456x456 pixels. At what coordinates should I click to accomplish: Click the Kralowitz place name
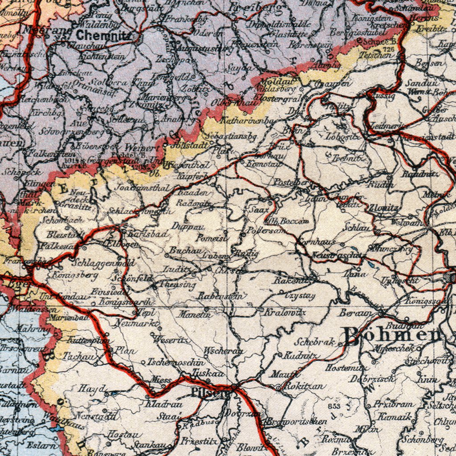(x=285, y=313)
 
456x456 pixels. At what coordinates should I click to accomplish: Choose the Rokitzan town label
(x=305, y=386)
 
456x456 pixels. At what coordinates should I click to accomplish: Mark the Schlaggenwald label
(x=103, y=263)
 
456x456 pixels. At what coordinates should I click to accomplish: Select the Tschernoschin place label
(x=176, y=362)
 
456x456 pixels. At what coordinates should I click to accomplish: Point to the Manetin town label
(x=194, y=314)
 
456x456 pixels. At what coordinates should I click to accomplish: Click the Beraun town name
(x=355, y=313)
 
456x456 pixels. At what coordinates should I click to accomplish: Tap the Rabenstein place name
(x=220, y=296)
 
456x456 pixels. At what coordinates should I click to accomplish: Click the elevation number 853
(x=334, y=406)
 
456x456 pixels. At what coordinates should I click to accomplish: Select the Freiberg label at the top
(x=255, y=8)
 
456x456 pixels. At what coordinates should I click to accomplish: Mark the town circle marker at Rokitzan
(x=279, y=388)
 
